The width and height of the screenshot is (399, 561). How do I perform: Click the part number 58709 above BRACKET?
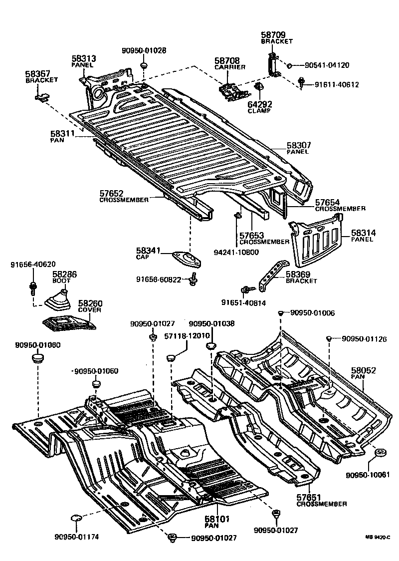[272, 35]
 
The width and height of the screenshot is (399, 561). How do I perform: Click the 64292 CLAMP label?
[259, 107]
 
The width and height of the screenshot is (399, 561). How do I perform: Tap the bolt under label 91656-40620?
[33, 287]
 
